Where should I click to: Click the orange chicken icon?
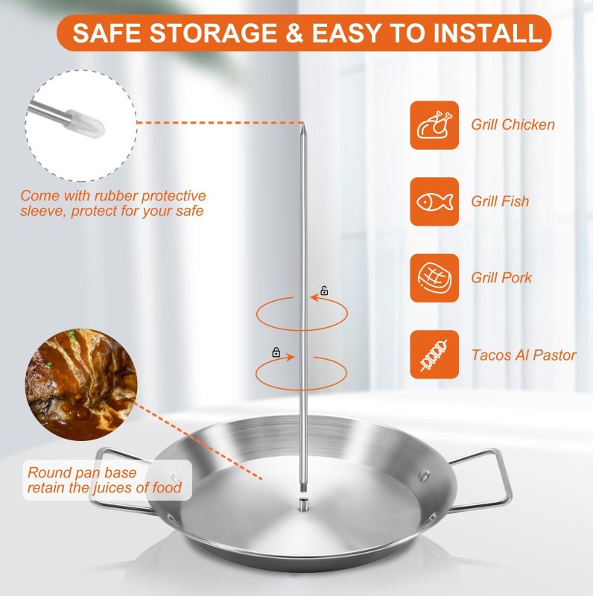tap(434, 124)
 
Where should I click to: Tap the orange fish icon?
tap(434, 201)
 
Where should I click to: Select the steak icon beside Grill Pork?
tap(434, 278)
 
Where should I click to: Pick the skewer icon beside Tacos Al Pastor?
tap(434, 355)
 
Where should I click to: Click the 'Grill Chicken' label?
tap(513, 125)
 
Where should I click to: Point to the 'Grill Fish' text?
tap(500, 201)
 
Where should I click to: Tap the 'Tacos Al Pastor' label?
tap(523, 355)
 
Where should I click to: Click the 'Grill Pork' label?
tap(501, 278)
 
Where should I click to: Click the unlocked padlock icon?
tap(324, 290)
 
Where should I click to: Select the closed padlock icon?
tap(276, 352)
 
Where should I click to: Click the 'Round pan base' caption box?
tap(104, 481)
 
